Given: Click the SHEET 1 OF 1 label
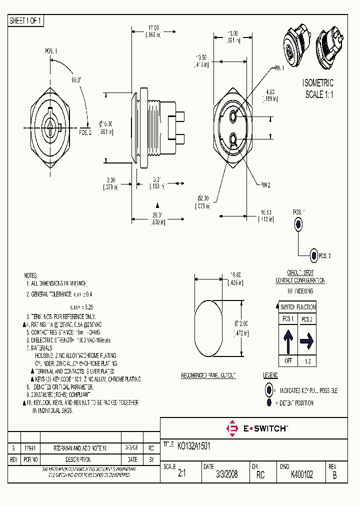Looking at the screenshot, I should pyautogui.click(x=26, y=21).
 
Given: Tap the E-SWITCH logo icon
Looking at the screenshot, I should pyautogui.click(x=232, y=428).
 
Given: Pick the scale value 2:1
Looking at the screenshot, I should pyautogui.click(x=181, y=475).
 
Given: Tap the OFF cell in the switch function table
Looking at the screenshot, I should pyautogui.click(x=288, y=361).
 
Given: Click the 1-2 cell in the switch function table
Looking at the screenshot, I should pyautogui.click(x=306, y=361).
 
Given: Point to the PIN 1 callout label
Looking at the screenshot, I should pyautogui.click(x=278, y=68).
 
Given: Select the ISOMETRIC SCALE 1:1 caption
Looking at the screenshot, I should pyautogui.click(x=318, y=89).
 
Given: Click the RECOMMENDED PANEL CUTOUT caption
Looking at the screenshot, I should pyautogui.click(x=208, y=375).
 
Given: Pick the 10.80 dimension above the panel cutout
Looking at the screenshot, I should pyautogui.click(x=235, y=273).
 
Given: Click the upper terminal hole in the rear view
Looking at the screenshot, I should pyautogui.click(x=234, y=116).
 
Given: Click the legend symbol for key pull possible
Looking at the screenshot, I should pyautogui.click(x=269, y=390).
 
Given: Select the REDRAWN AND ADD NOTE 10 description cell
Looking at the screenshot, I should pyautogui.click(x=79, y=448).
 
